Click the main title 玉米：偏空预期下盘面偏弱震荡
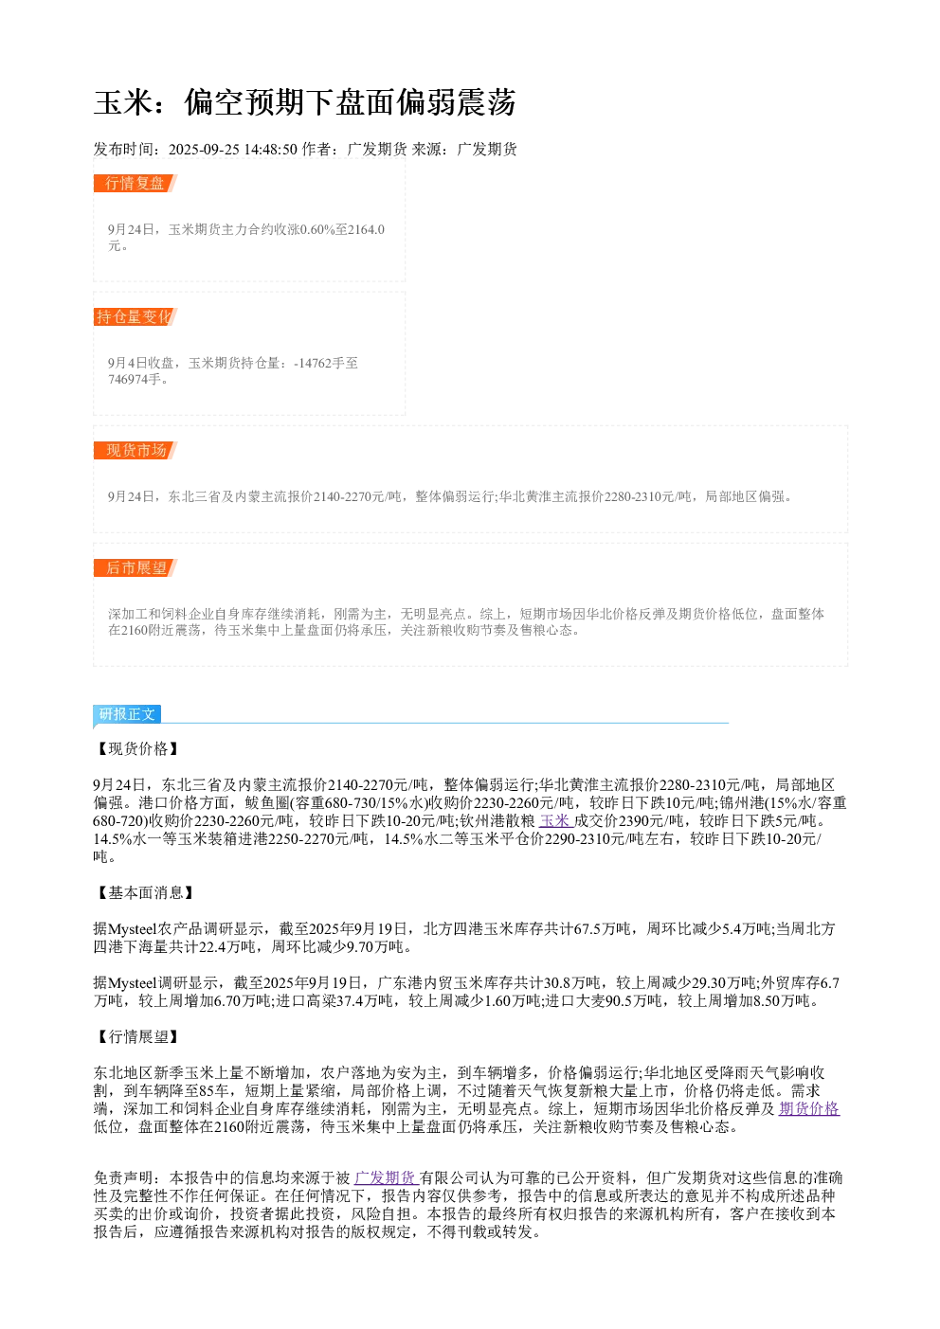coord(304,102)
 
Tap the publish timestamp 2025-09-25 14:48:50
coord(232,149)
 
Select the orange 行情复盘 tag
coord(136,183)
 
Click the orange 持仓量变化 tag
coord(136,316)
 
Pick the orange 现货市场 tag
coord(136,450)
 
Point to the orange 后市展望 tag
coord(136,567)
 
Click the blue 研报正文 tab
coord(127,713)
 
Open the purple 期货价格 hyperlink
coord(809,1108)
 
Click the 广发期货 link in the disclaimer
coord(387,1177)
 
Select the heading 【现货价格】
coord(136,748)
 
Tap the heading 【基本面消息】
coord(144,892)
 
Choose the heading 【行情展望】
coord(136,1036)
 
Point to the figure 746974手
coord(135,379)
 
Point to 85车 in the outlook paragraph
coord(213,1090)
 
